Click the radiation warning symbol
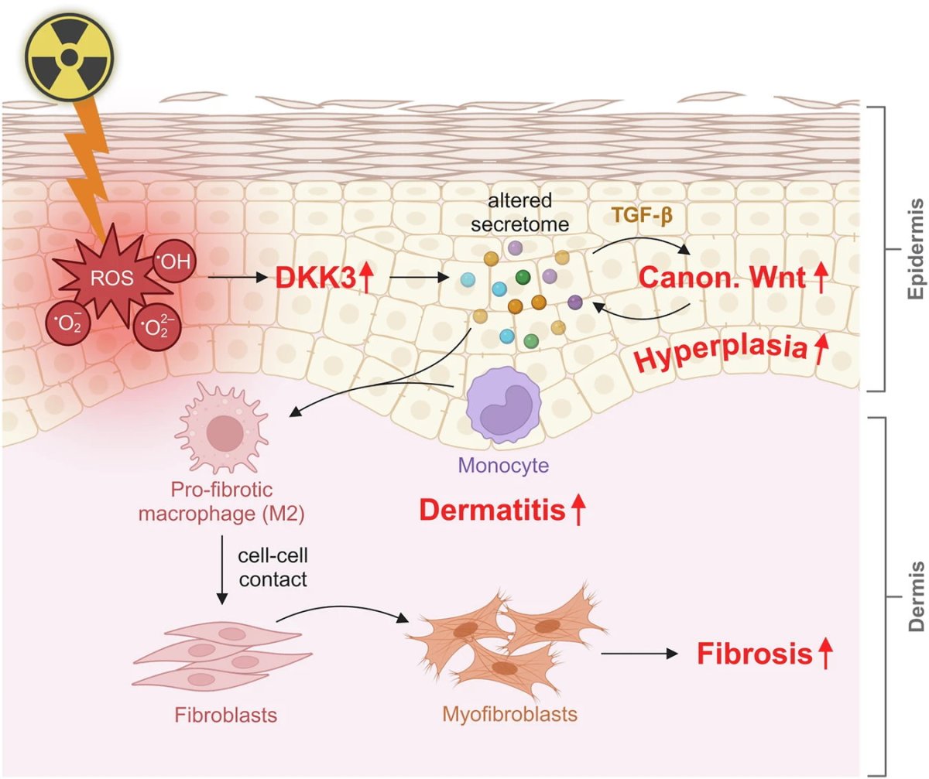coord(70,56)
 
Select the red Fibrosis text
coord(755,654)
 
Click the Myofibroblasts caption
coord(509,713)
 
